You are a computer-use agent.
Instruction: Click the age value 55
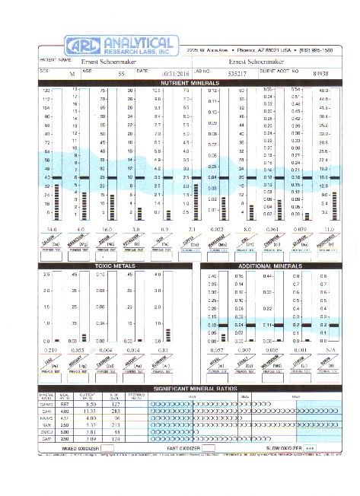(x=120, y=74)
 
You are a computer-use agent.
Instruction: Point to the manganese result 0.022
(x=217, y=228)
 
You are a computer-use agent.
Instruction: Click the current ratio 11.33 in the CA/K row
(x=90, y=411)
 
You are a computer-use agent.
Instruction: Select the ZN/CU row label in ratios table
(x=46, y=431)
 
